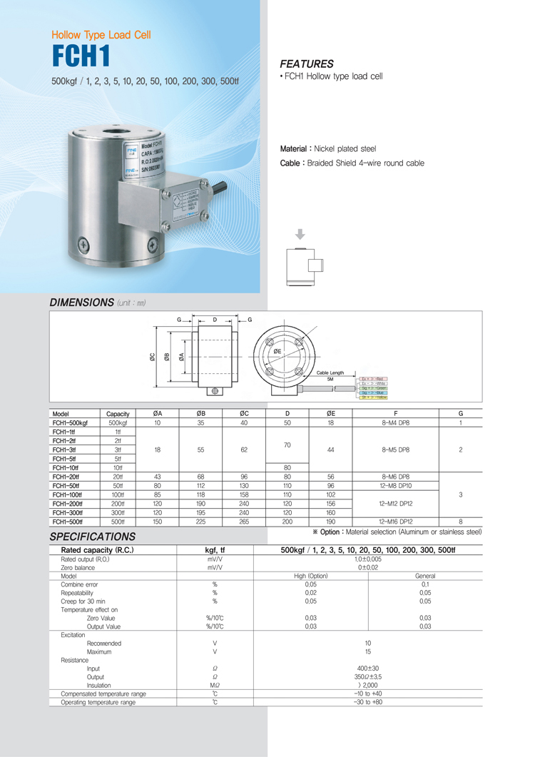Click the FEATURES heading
pos(307,63)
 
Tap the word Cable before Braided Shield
pos(292,163)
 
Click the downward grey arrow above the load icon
pos(300,234)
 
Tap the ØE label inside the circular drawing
pos(277,351)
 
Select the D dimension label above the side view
pos(215,319)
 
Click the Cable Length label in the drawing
pos(330,372)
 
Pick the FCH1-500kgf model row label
pos(70,423)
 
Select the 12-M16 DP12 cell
pos(395,522)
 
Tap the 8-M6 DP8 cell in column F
pos(395,477)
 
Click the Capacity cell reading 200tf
pos(118,504)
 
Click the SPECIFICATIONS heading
pos(92,536)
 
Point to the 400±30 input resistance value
pos(367,668)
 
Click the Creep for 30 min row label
pos(83,601)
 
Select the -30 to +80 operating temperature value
pos(367,702)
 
